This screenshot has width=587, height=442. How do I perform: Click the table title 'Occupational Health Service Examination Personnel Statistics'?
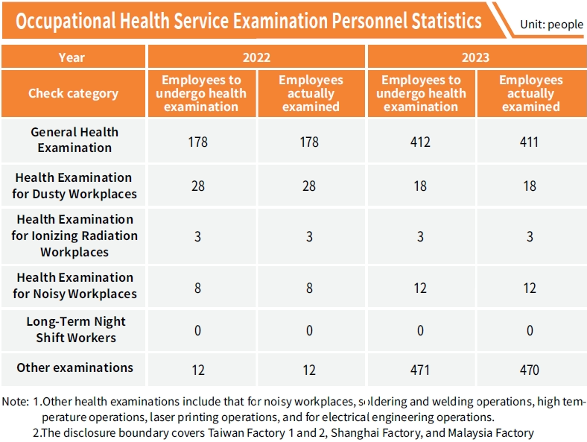pyautogui.click(x=249, y=21)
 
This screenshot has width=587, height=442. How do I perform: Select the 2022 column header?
pyautogui.click(x=256, y=57)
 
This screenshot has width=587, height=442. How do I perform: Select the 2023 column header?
pyautogui.click(x=475, y=57)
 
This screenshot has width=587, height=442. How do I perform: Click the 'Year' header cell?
pyautogui.click(x=72, y=57)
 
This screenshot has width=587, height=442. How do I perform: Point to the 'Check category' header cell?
pyautogui.click(x=73, y=93)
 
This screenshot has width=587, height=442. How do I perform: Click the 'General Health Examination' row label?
pyautogui.click(x=74, y=139)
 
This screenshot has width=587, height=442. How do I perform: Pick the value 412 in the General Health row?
pyautogui.click(x=420, y=142)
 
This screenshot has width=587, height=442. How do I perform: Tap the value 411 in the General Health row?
pyautogui.click(x=529, y=142)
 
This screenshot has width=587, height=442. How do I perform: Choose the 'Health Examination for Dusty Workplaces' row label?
pyautogui.click(x=74, y=186)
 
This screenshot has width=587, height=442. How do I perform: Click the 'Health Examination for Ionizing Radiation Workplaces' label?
pyautogui.click(x=74, y=236)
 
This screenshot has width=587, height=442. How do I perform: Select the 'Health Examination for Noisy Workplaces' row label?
pyautogui.click(x=74, y=285)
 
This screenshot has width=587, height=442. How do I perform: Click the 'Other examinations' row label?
pyautogui.click(x=74, y=367)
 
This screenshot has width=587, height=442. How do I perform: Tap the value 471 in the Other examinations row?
pyautogui.click(x=420, y=370)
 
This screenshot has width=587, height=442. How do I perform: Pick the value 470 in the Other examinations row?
pyautogui.click(x=529, y=370)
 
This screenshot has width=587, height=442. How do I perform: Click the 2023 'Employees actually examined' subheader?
pyautogui.click(x=530, y=93)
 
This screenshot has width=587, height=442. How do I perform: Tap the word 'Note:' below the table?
pyautogui.click(x=15, y=402)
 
